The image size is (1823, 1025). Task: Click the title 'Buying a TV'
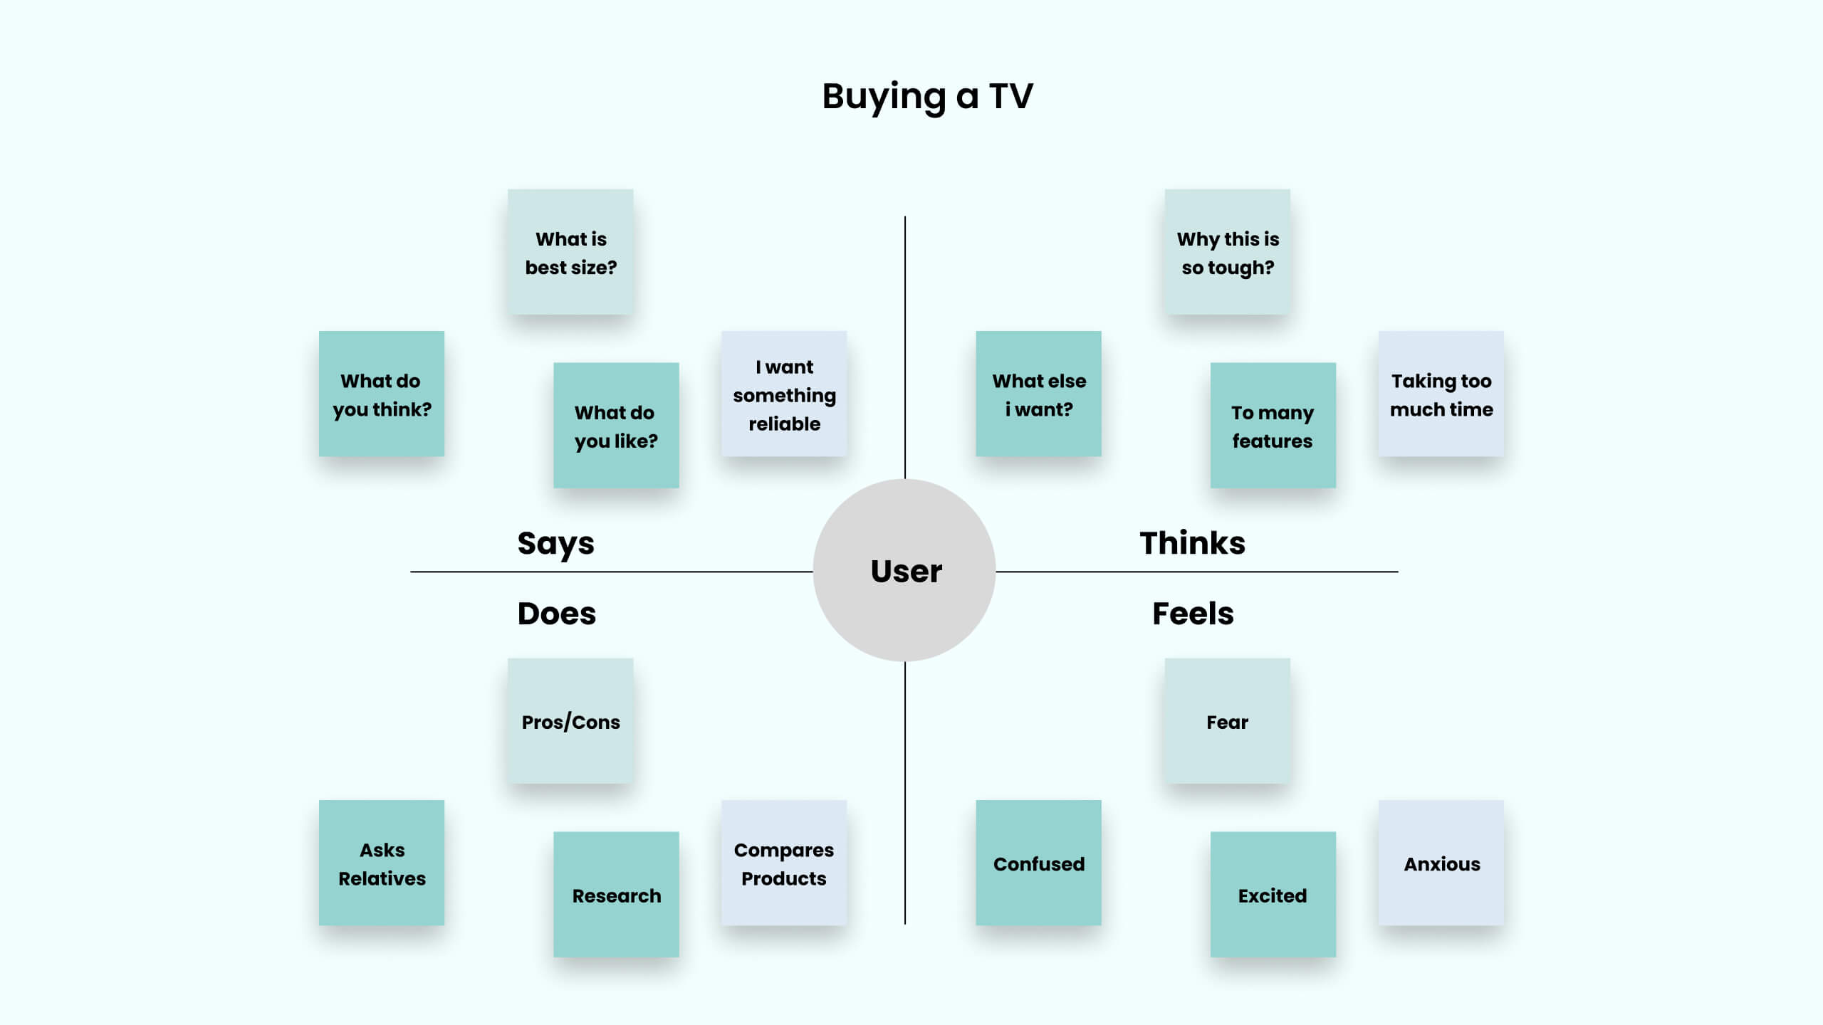[927, 96]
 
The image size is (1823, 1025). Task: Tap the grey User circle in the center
[904, 570]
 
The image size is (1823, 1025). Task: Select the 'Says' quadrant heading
[555, 544]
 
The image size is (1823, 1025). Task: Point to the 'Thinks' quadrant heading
[1192, 543]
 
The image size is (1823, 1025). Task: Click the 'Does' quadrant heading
[556, 614]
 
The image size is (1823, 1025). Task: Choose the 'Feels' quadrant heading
[1193, 614]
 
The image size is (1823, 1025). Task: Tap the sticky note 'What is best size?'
[570, 252]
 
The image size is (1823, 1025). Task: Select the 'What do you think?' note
[382, 394]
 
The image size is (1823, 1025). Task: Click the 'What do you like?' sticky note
[616, 426]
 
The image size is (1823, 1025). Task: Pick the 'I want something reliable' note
[784, 394]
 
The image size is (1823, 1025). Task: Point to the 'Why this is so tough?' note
[1228, 252]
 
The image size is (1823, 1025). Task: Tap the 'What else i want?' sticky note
[1038, 394]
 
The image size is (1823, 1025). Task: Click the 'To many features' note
[1273, 426]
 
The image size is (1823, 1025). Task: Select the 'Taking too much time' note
[1441, 394]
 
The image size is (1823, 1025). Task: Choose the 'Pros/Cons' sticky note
[570, 721]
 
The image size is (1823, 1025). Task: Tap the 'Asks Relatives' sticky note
[382, 863]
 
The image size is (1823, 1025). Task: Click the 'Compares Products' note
[784, 863]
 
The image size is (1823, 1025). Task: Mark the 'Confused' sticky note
[1038, 863]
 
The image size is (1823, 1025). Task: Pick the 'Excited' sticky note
[1273, 895]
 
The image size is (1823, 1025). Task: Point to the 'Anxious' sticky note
[1441, 863]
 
